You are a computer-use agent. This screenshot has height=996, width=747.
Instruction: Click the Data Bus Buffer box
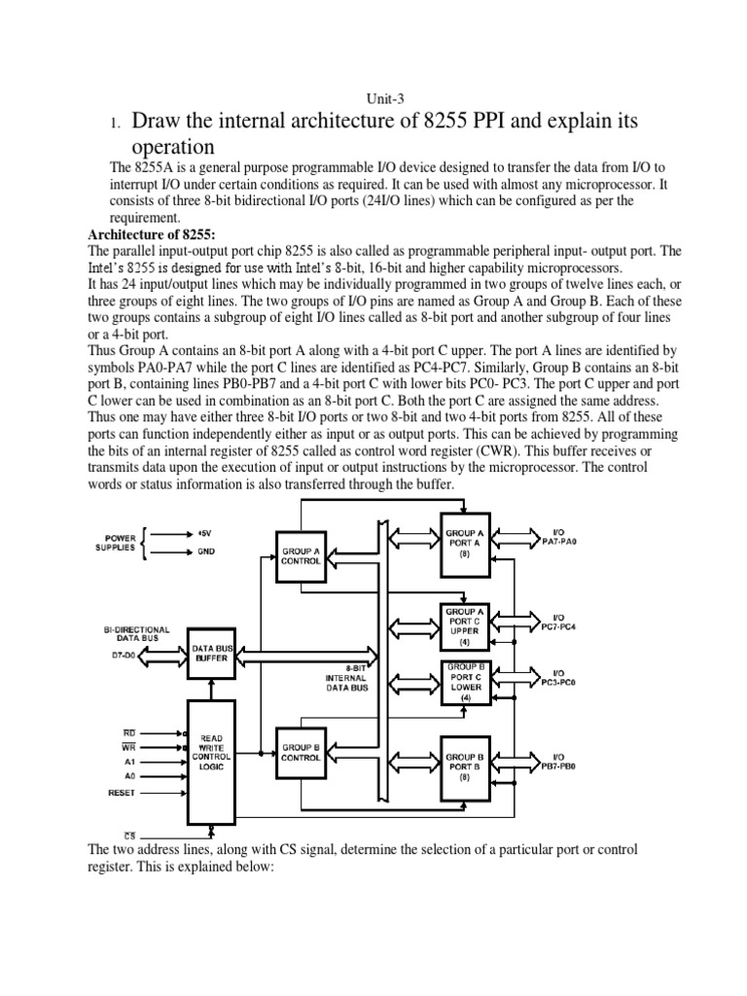(211, 652)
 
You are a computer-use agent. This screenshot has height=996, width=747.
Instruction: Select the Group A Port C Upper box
(465, 626)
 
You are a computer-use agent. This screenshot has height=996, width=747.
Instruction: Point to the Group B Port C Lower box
(465, 682)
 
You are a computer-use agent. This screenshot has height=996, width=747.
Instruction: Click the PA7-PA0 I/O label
(558, 538)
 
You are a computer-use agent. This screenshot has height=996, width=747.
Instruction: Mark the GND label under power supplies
(206, 551)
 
